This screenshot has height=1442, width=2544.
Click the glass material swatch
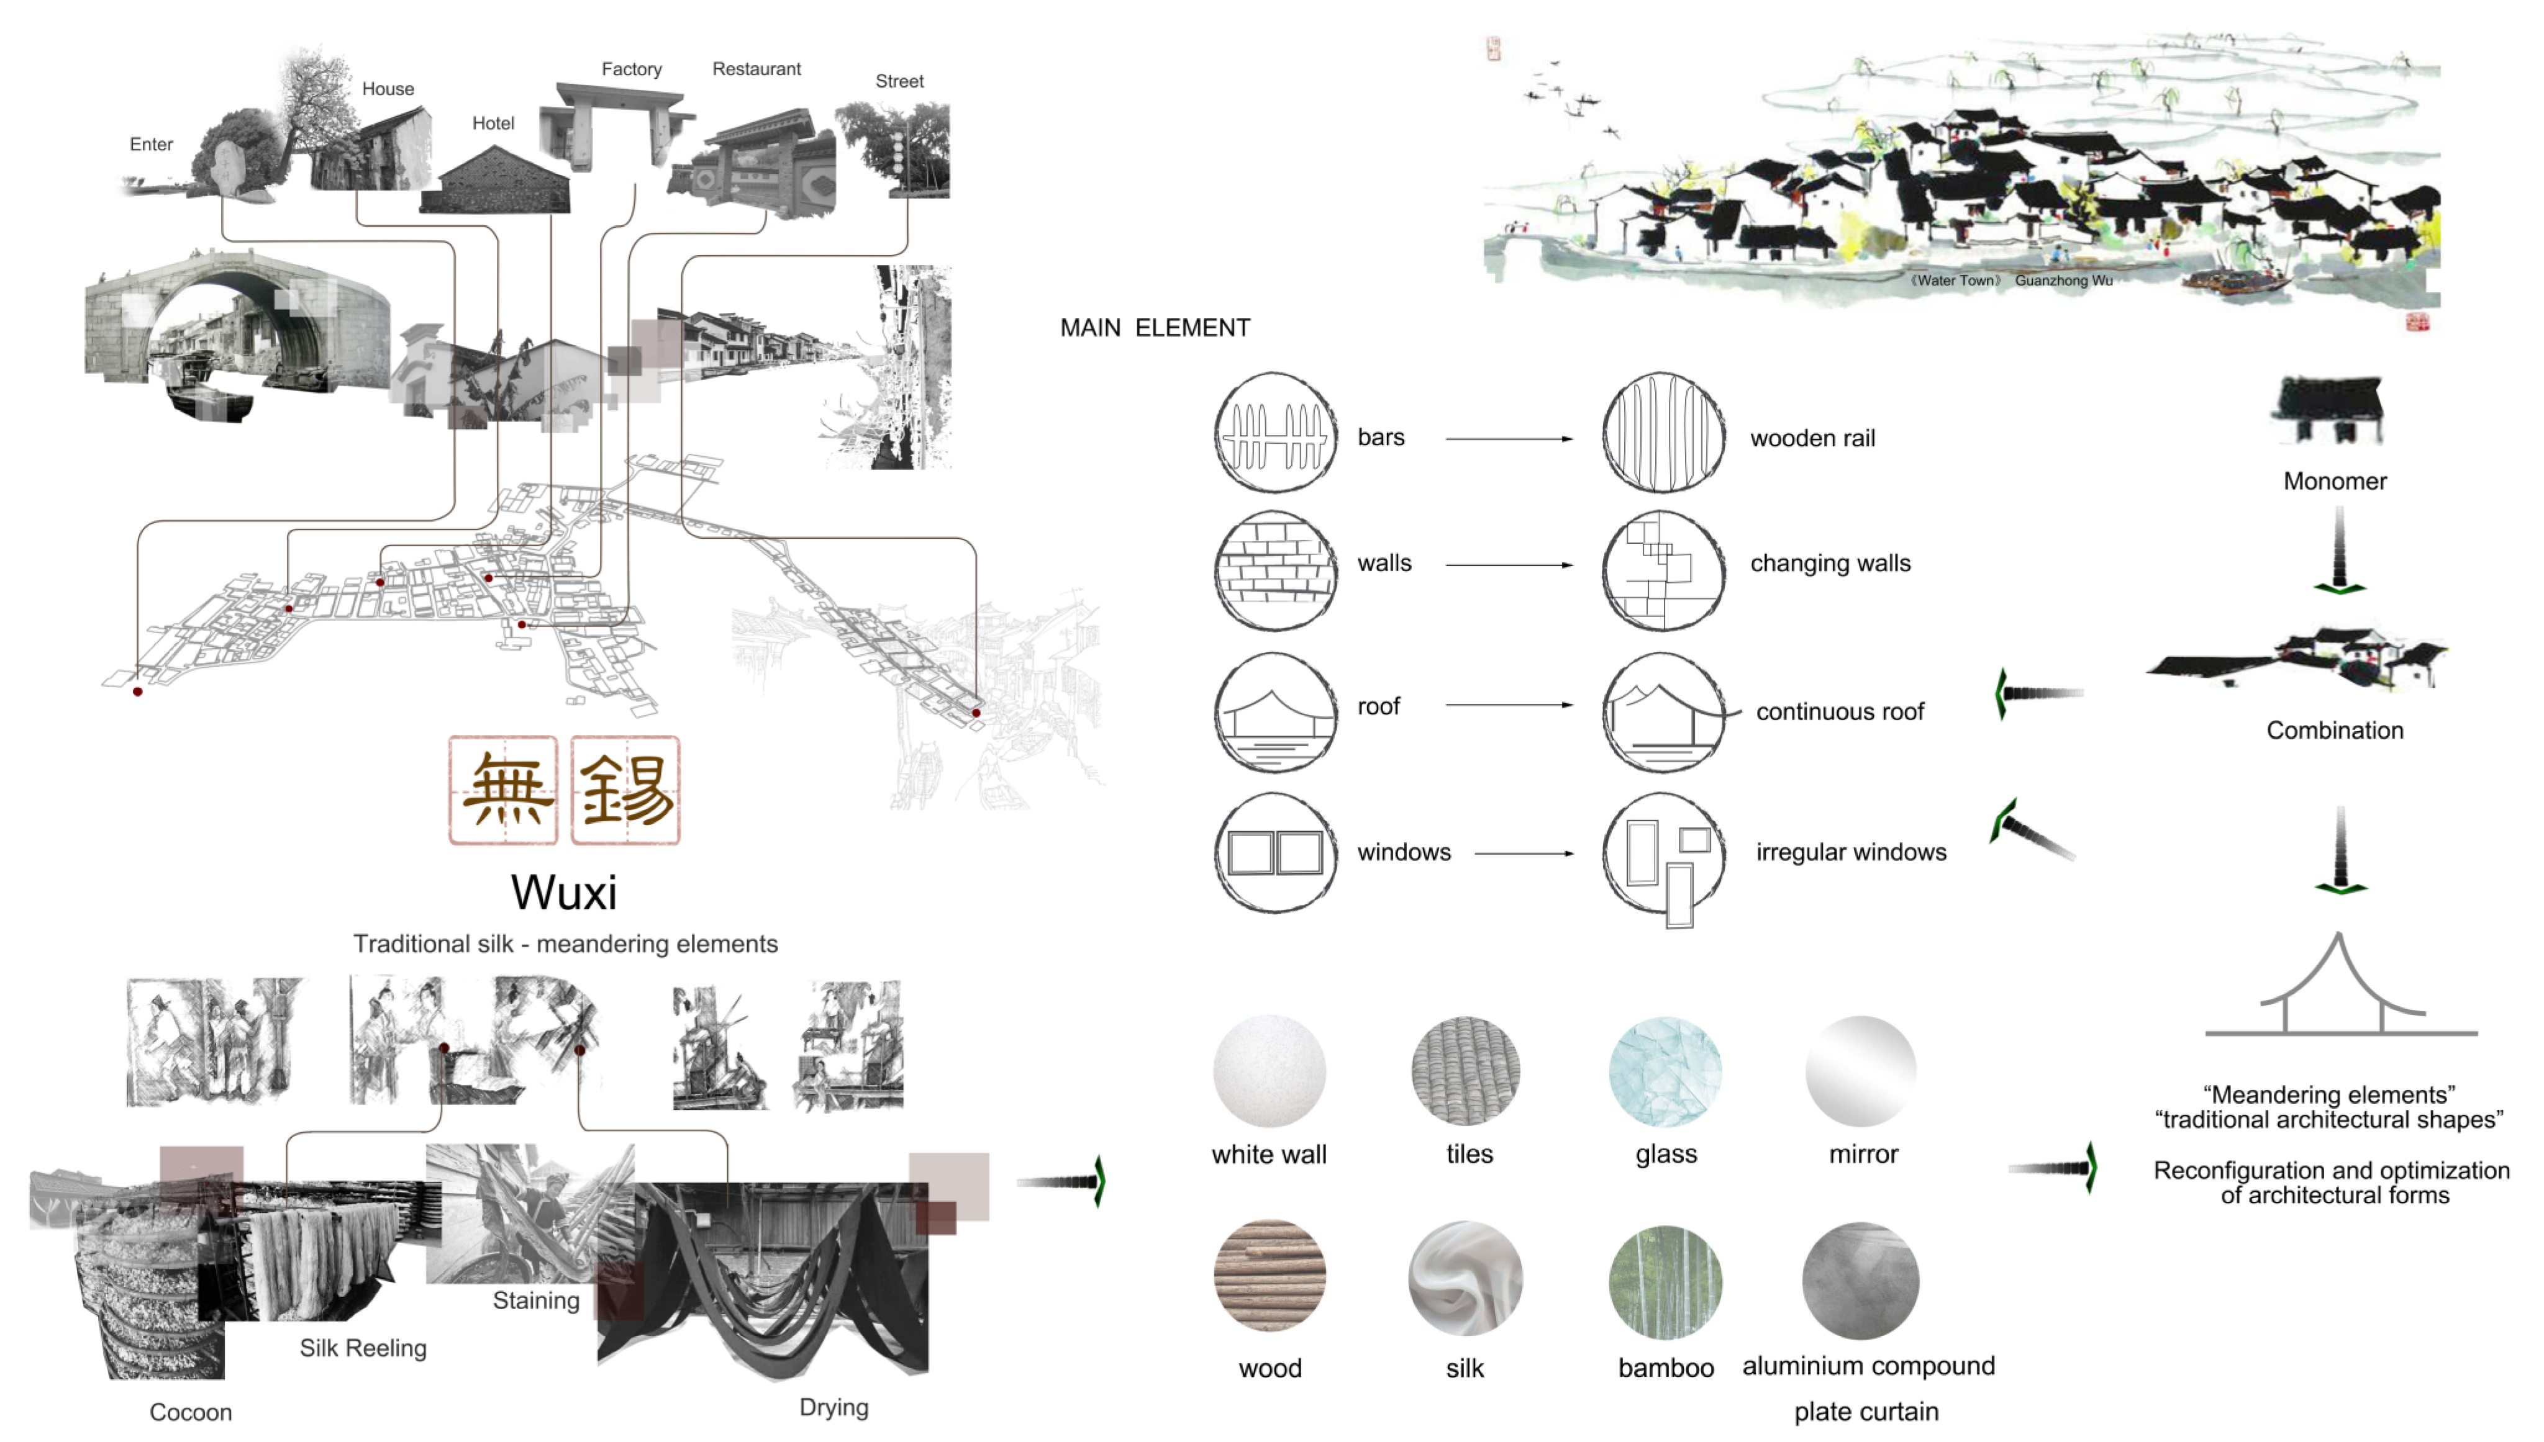(1665, 1071)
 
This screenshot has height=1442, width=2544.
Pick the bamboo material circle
(1665, 1282)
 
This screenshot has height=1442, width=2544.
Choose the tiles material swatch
(1466, 1071)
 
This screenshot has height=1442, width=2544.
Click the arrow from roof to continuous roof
(1508, 705)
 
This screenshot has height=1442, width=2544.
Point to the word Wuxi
(564, 893)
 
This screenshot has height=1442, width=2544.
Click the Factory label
(631, 68)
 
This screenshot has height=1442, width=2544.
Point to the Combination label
(2334, 730)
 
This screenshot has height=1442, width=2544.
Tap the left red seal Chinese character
(503, 790)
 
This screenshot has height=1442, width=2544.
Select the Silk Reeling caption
(363, 1348)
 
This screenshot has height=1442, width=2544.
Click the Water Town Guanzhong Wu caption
(2011, 281)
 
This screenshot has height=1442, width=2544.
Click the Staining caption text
(536, 1300)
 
